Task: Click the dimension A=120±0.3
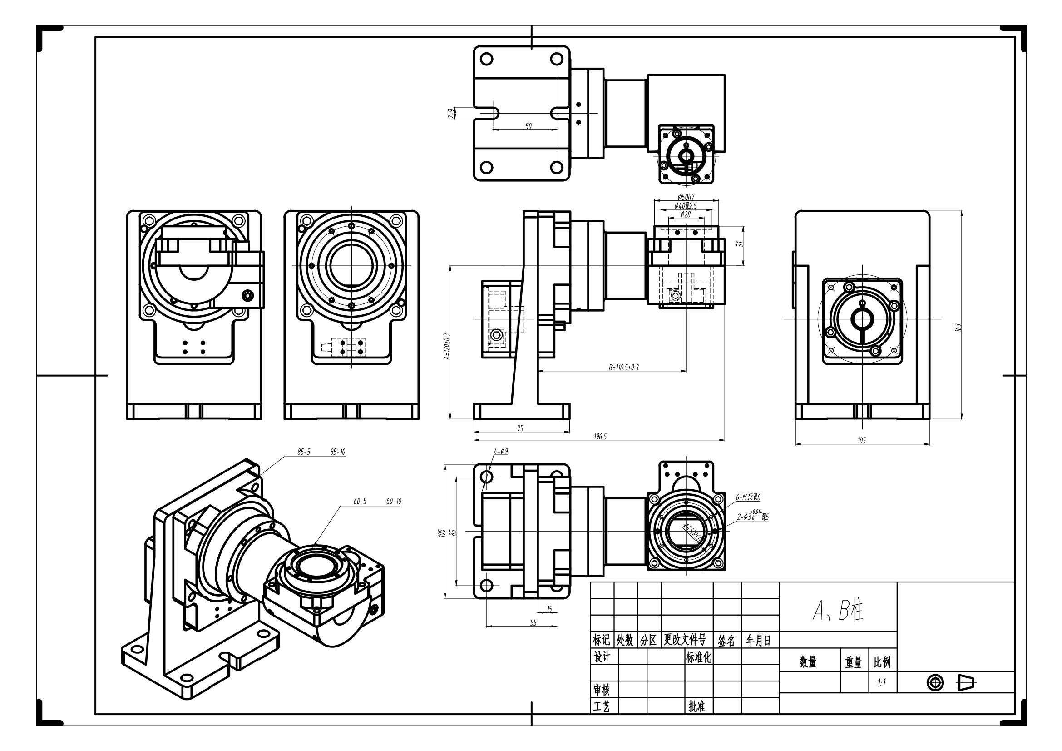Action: pyautogui.click(x=446, y=346)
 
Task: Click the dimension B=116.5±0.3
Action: pyautogui.click(x=623, y=368)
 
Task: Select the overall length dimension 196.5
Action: pyautogui.click(x=600, y=436)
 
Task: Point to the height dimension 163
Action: pyautogui.click(x=958, y=327)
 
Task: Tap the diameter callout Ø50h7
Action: pyautogui.click(x=686, y=197)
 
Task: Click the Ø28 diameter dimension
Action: pyautogui.click(x=686, y=214)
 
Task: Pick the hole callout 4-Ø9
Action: pyautogui.click(x=501, y=451)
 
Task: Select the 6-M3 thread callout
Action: pyautogui.click(x=748, y=497)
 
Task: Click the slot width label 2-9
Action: pyautogui.click(x=450, y=114)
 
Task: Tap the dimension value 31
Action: pyautogui.click(x=740, y=244)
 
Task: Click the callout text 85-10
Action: pyautogui.click(x=338, y=452)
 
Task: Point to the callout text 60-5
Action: pyautogui.click(x=360, y=502)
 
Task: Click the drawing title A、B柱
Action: pyautogui.click(x=838, y=611)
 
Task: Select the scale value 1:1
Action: pyautogui.click(x=882, y=683)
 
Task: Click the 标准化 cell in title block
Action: pyautogui.click(x=698, y=657)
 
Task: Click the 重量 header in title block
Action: pyautogui.click(x=854, y=662)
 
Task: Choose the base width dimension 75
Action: pyautogui.click(x=520, y=428)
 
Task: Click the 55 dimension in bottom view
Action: pyautogui.click(x=533, y=623)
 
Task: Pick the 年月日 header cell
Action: pyautogui.click(x=759, y=641)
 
